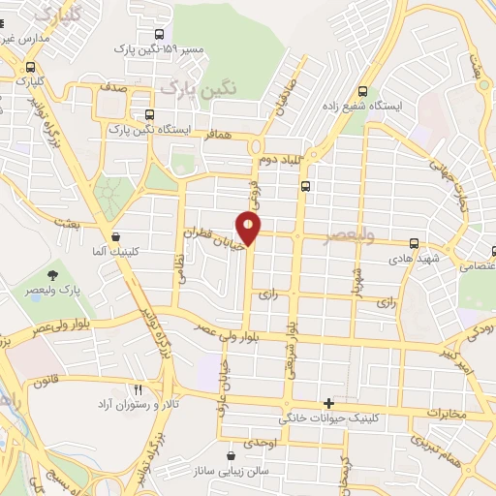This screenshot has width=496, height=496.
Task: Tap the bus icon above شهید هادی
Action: pyautogui.click(x=415, y=243)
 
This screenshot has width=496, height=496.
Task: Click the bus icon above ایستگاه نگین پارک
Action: pyautogui.click(x=149, y=111)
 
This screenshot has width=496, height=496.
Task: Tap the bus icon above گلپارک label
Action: pyautogui.click(x=32, y=68)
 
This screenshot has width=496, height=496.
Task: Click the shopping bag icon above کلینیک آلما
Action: pyautogui.click(x=116, y=235)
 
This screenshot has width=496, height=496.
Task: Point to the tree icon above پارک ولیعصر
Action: pyautogui.click(x=51, y=273)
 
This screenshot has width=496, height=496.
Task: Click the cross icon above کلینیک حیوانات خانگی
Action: pyautogui.click(x=329, y=404)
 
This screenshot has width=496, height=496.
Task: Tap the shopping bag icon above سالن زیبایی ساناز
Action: pyautogui.click(x=231, y=455)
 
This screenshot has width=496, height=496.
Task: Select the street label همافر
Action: pyautogui.click(x=221, y=138)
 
